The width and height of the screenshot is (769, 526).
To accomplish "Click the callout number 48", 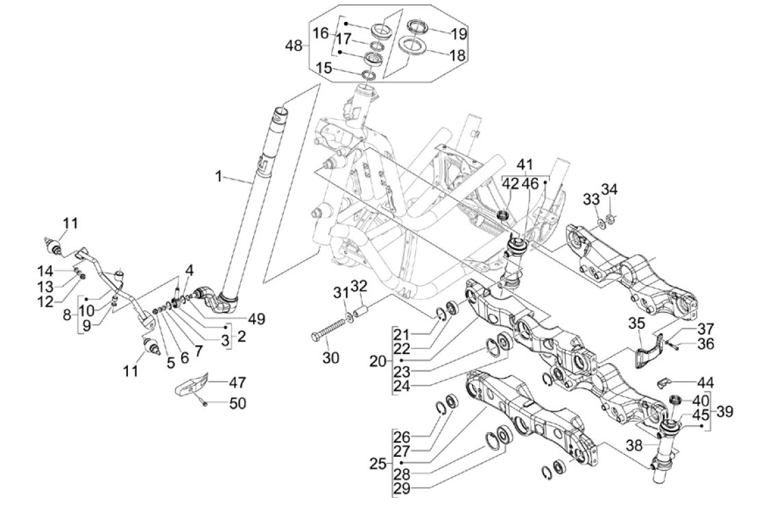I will pos(294,47).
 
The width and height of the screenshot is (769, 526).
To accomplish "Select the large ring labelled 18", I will pos(413,47).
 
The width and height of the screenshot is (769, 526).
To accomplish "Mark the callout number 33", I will pos(590,199).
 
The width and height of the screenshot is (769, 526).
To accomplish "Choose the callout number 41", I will pos(524,165).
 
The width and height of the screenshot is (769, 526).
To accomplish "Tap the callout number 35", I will pos(636,324).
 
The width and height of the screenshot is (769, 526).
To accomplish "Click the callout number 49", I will pos(258,318).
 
